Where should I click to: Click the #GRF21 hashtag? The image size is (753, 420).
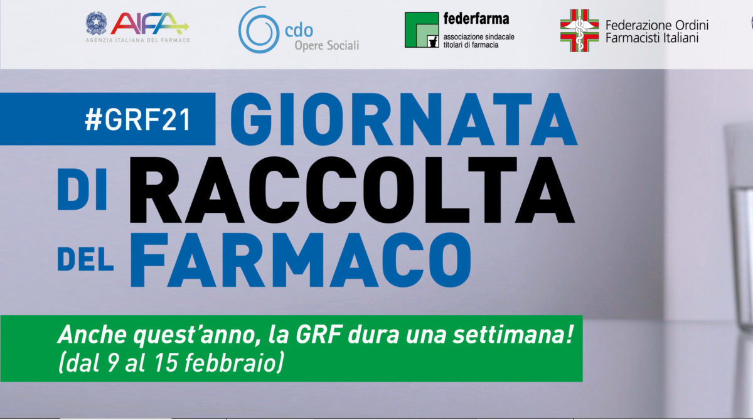[138, 120]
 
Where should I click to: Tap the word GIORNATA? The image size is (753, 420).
[403, 119]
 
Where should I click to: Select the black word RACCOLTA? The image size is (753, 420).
[352, 190]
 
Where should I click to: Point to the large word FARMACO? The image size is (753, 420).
[301, 260]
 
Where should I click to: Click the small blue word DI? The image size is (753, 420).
[82, 190]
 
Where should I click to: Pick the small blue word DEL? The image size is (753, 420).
[85, 259]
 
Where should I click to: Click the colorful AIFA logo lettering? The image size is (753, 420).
[149, 23]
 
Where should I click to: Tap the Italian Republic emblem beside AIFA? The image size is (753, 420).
[97, 23]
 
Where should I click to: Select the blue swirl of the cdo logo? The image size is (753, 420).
[259, 30]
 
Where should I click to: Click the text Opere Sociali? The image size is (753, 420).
[327, 45]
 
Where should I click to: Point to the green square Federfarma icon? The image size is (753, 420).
[422, 30]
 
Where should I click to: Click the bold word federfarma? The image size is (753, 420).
[476, 19]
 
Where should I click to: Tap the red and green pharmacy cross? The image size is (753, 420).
[580, 30]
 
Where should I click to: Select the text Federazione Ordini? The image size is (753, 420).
[657, 25]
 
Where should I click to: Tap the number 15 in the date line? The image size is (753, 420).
[166, 362]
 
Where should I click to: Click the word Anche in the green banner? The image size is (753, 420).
[93, 335]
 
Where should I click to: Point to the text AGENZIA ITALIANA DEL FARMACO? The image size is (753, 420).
[138, 40]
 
